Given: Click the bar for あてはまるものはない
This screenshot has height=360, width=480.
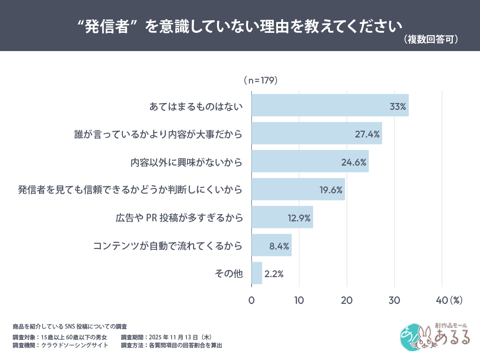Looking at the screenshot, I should pos(328,105).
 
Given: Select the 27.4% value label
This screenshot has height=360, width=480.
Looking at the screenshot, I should pos(367,134).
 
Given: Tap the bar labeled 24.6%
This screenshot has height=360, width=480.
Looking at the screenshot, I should pos(309,162).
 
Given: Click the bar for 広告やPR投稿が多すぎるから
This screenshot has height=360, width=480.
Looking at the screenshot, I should pos(281,217).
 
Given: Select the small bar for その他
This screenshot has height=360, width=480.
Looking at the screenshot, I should pos(257,273).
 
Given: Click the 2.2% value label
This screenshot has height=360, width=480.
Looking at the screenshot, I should pos(274,274).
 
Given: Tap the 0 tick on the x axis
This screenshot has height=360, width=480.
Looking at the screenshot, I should pos(252,300).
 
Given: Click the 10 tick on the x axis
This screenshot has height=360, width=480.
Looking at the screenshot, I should pos(299,300).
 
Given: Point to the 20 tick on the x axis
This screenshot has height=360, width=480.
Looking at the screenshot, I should pos(346,300).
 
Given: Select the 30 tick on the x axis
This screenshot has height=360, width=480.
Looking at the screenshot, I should pos(394,300).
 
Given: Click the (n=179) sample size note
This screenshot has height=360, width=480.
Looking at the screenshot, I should pos(261,81).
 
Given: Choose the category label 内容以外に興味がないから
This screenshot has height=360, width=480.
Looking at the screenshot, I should pos(186,162).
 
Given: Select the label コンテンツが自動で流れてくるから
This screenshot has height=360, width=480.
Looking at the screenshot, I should pos(167,246).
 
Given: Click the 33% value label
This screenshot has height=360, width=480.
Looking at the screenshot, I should pos(397,106).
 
